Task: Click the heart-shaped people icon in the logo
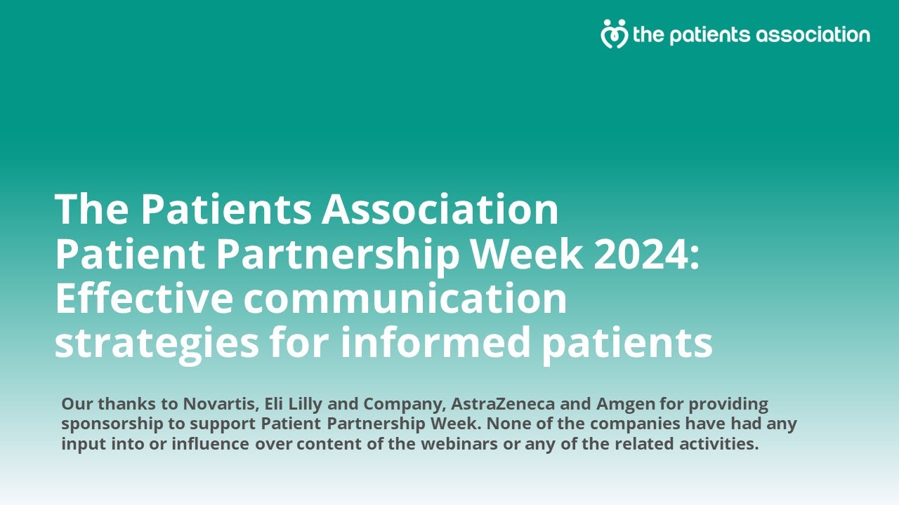tap(614, 34)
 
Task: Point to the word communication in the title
tap(405, 299)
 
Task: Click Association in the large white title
tap(440, 209)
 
